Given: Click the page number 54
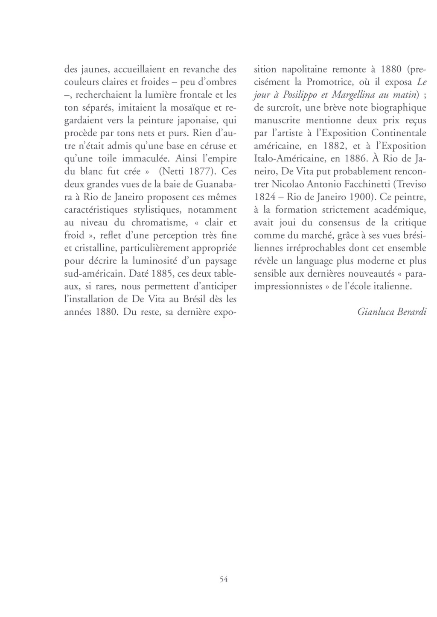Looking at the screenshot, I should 224,579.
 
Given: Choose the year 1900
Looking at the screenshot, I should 360,197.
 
